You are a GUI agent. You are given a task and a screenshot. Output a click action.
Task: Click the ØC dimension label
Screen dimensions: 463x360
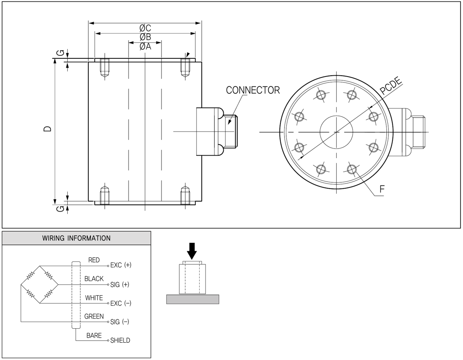pyautogui.click(x=145, y=28)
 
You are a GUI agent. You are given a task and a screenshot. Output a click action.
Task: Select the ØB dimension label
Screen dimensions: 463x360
pyautogui.click(x=145, y=37)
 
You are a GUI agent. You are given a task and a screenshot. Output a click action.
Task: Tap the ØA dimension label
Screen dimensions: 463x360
pyautogui.click(x=145, y=47)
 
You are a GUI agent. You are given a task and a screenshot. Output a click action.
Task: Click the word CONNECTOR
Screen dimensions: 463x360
pyautogui.click(x=253, y=90)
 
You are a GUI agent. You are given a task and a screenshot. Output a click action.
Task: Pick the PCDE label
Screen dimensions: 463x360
pyautogui.click(x=391, y=85)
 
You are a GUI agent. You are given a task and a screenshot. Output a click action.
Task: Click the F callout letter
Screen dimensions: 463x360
pyautogui.click(x=382, y=189)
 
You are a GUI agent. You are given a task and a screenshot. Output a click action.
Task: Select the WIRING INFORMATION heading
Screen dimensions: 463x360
pyautogui.click(x=77, y=238)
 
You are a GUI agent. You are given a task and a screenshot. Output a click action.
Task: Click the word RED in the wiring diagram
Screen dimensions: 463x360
pyautogui.click(x=94, y=260)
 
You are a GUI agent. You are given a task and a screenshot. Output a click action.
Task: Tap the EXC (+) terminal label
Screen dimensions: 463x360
pyautogui.click(x=121, y=265)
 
